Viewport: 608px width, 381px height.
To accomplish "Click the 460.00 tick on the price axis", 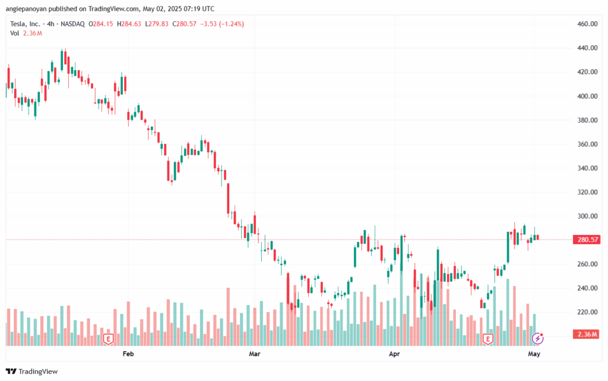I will (587, 24).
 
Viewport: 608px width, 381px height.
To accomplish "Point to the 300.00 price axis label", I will (587, 216).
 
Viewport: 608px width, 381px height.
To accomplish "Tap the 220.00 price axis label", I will (587, 312).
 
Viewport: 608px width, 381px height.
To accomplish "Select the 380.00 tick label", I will (587, 120).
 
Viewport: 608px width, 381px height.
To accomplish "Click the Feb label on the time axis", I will (127, 354).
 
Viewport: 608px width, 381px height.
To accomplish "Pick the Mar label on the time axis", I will (255, 354).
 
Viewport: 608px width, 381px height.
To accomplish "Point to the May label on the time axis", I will (534, 354).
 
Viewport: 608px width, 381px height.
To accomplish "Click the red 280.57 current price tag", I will (587, 240).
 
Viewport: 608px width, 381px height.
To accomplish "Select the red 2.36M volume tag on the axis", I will (587, 334).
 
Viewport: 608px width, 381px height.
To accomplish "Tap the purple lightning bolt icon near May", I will (538, 338).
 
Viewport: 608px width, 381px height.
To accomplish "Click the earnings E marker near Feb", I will (108, 339).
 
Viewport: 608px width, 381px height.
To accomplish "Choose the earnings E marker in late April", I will (488, 339).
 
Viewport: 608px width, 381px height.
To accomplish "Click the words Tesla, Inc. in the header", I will (26, 24).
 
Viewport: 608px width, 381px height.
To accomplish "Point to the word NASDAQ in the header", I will (71, 24).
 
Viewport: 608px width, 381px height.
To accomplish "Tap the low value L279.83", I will (157, 24).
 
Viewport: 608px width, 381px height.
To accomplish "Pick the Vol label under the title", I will (15, 33).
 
